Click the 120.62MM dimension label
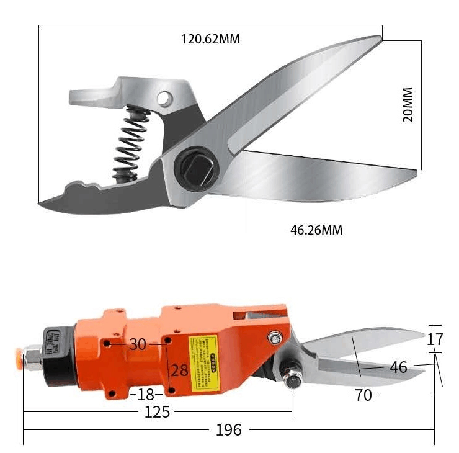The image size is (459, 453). click(210, 39)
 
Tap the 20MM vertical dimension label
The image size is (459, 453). click(408, 104)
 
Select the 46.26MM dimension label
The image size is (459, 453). click(316, 230)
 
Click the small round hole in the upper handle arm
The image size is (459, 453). click(164, 98)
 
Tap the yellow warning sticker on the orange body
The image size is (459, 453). click(204, 356)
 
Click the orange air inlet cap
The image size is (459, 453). click(29, 359)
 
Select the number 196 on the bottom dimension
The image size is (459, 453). click(229, 429)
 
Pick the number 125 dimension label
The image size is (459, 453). click(157, 411)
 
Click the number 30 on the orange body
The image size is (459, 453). click(138, 344)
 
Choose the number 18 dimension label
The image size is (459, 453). click(146, 395)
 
